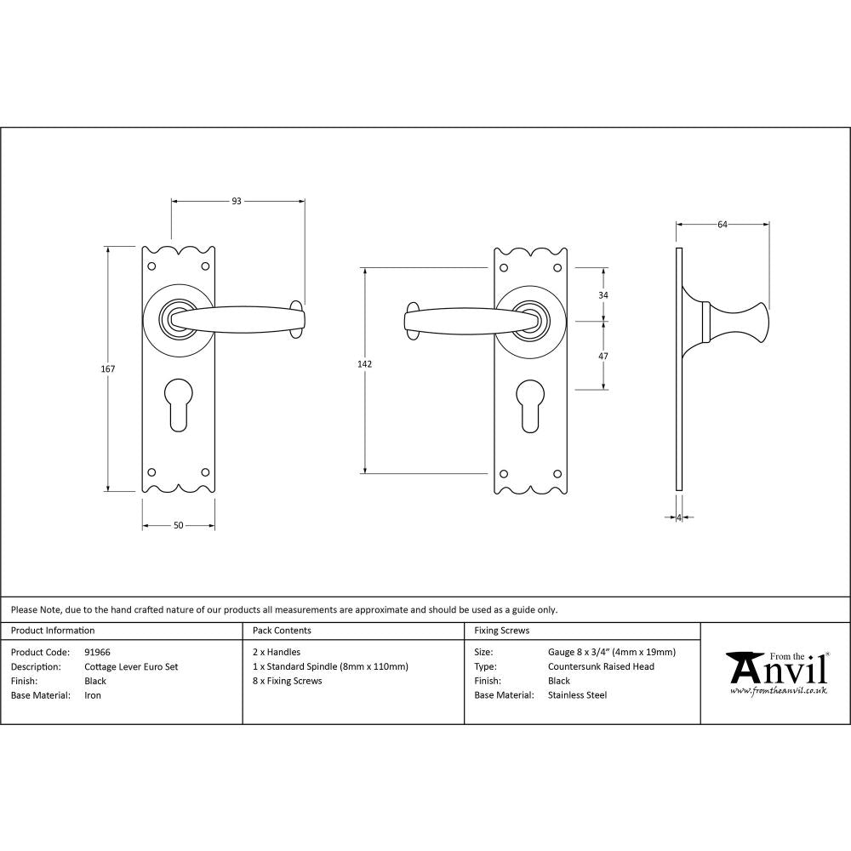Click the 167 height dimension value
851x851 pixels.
click(x=107, y=369)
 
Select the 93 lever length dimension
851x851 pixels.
click(x=237, y=202)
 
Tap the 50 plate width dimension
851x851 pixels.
click(x=179, y=525)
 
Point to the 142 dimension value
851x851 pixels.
click(x=364, y=363)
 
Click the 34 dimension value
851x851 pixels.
click(x=604, y=294)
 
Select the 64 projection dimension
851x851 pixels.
click(x=722, y=225)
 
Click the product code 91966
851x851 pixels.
click(x=98, y=652)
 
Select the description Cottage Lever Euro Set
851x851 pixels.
click(x=131, y=666)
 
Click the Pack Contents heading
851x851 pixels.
click(x=282, y=631)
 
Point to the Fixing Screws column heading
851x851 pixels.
click(x=501, y=631)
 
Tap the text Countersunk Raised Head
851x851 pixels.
click(x=601, y=666)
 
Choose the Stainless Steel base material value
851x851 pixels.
click(x=578, y=695)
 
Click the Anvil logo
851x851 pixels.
click(x=775, y=673)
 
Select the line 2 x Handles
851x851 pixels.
click(x=277, y=652)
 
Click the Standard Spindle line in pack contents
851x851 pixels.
click(x=330, y=666)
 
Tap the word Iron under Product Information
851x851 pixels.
click(x=93, y=695)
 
